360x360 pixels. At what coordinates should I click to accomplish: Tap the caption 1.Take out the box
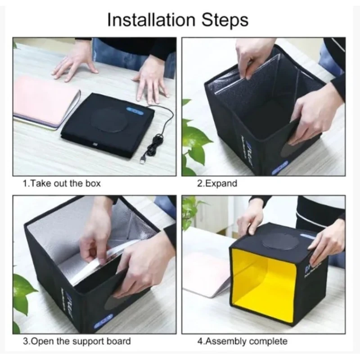click(x=62, y=184)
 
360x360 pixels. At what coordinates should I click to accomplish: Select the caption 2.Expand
click(x=217, y=184)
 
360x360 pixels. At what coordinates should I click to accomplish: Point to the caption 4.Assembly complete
click(x=242, y=341)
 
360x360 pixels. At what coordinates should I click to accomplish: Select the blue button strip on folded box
click(x=135, y=108)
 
